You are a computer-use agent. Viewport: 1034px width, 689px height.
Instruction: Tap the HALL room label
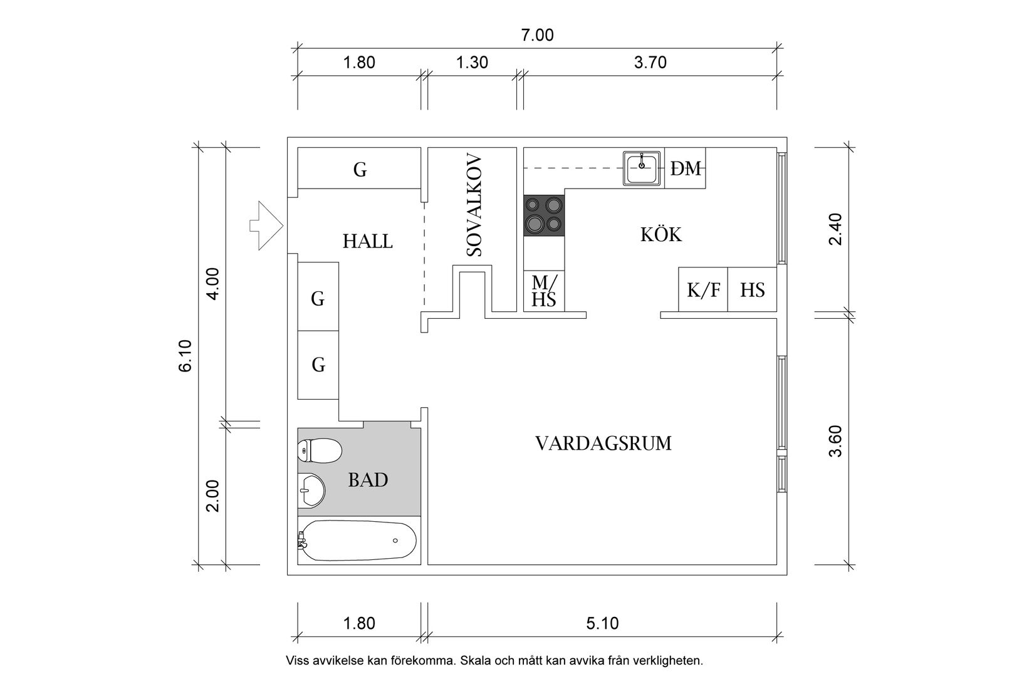pyautogui.click(x=368, y=241)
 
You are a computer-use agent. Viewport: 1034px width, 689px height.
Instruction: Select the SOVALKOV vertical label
pyautogui.click(x=474, y=205)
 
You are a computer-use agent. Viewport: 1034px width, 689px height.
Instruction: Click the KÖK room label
pyautogui.click(x=661, y=235)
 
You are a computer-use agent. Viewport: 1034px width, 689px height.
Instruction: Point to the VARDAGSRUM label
pyautogui.click(x=603, y=443)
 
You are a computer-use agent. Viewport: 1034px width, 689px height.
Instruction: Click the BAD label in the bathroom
pyautogui.click(x=368, y=480)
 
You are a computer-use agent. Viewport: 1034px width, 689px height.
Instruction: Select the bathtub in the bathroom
pyautogui.click(x=357, y=541)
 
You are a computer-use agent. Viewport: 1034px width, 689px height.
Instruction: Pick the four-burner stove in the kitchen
pyautogui.click(x=544, y=215)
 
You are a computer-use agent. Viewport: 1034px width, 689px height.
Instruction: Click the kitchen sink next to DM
pyautogui.click(x=642, y=168)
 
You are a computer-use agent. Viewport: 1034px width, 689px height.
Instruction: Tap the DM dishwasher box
pyautogui.click(x=686, y=168)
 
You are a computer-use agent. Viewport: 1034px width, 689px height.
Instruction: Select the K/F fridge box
pyautogui.click(x=703, y=290)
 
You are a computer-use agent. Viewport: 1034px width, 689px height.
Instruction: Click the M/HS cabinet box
pyautogui.click(x=544, y=291)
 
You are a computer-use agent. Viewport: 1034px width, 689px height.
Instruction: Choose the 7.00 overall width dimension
pyautogui.click(x=538, y=35)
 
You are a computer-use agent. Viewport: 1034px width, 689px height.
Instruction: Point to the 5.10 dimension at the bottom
pyautogui.click(x=602, y=623)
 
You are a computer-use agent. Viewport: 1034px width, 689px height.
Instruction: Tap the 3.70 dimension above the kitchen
pyautogui.click(x=650, y=63)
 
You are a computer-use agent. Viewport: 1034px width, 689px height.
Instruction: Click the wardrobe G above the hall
pyautogui.click(x=359, y=169)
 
